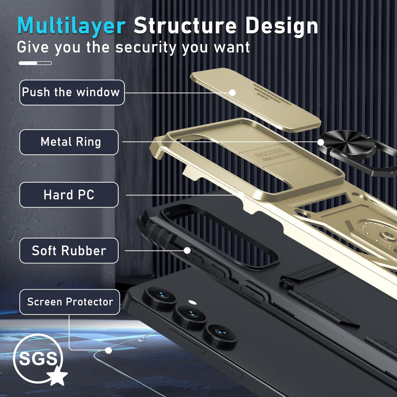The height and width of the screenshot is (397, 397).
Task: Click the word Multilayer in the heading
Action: coord(71,26)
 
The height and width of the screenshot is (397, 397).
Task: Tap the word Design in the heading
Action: coord(281,26)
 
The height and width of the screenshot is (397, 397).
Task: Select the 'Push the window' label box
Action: coord(72,92)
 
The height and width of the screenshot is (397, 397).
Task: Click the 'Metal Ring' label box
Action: coord(69,142)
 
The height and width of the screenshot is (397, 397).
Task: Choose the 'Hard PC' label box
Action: coord(69,195)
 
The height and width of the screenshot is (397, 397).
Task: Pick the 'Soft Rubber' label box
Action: coord(69,251)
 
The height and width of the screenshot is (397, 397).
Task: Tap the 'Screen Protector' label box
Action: coord(70,302)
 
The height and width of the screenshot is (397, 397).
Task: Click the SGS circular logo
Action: coord(38,358)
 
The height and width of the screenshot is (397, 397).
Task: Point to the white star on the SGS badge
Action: coord(57,375)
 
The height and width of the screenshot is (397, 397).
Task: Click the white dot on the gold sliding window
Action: coord(232,93)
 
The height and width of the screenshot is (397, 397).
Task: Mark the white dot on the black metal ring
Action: coord(321,142)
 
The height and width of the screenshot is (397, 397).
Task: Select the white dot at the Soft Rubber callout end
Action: coord(187,251)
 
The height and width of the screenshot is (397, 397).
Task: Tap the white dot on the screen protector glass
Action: coord(109,350)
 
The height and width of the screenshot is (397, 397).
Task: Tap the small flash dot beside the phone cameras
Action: coord(193,302)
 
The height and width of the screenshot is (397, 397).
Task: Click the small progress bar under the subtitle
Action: coord(35,63)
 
